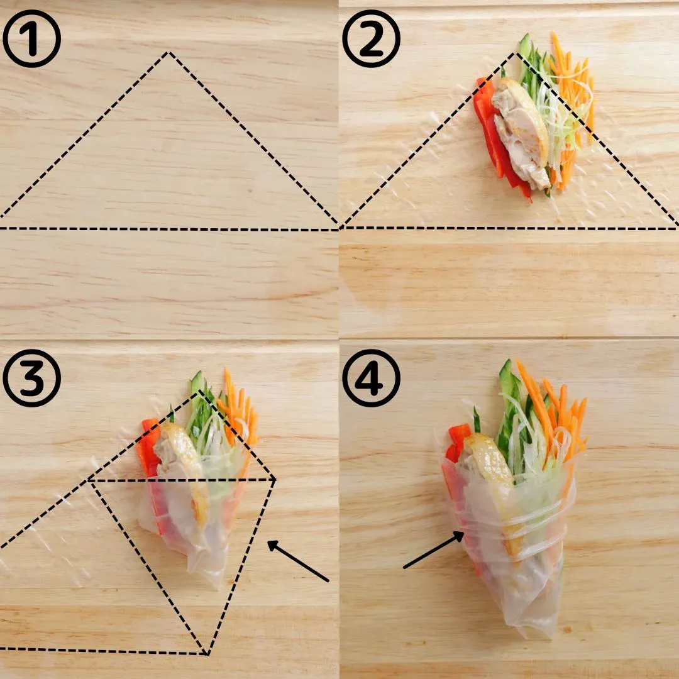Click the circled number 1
click(x=31, y=38)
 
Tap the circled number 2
click(x=371, y=38)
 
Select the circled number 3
click(x=31, y=378)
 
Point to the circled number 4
click(x=371, y=378)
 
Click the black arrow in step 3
click(x=298, y=561)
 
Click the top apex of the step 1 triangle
click(x=168, y=53)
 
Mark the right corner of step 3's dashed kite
click(x=275, y=479)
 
